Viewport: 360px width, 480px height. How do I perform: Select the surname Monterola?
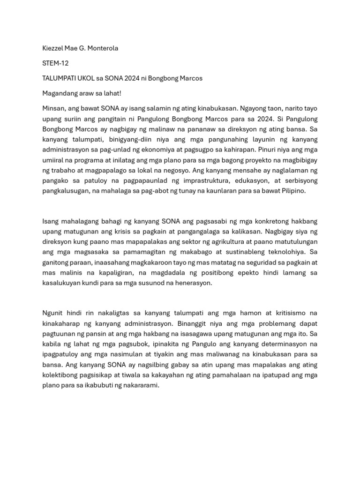102,48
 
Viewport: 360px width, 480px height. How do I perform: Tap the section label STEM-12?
55,63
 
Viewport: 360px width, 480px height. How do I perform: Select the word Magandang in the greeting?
59,93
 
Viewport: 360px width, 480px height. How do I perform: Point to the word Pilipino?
292,191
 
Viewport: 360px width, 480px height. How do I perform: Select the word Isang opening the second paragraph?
51,221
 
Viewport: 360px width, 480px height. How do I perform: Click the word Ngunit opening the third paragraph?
52,313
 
